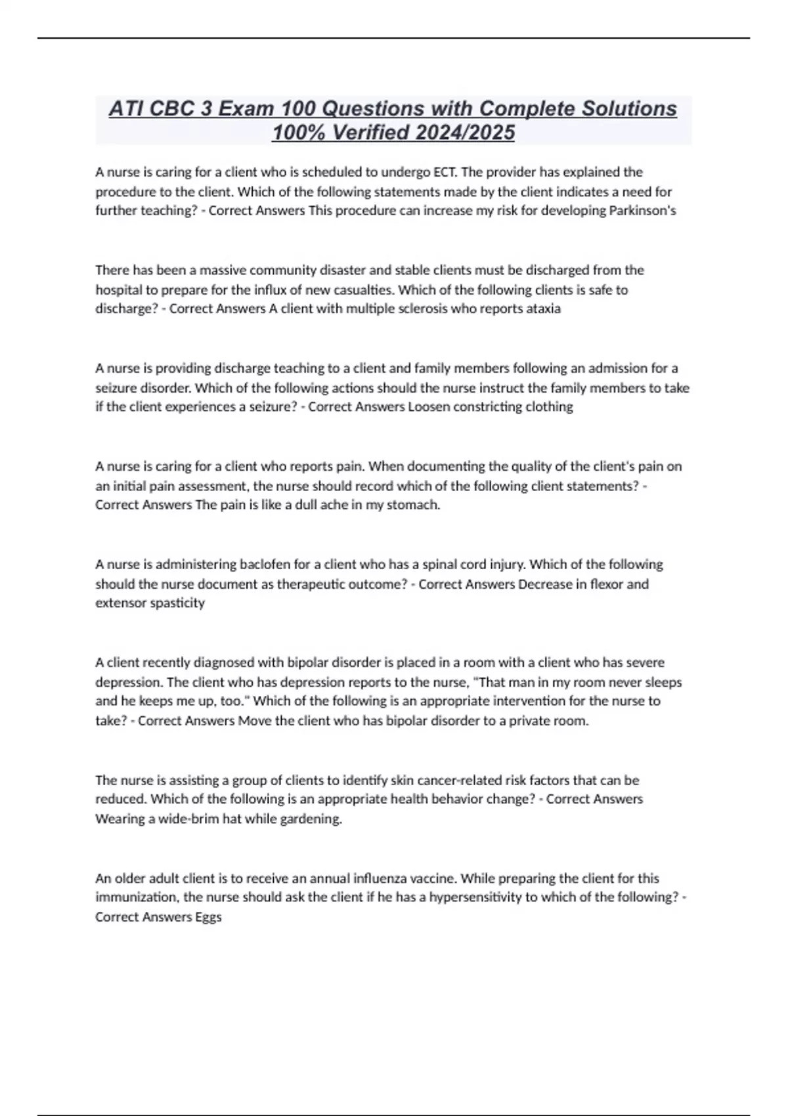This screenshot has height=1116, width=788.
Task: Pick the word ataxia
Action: point(544,309)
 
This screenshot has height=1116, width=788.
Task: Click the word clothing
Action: point(548,407)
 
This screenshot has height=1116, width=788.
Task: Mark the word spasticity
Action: point(177,603)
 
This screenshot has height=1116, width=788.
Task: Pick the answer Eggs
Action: point(208,917)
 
